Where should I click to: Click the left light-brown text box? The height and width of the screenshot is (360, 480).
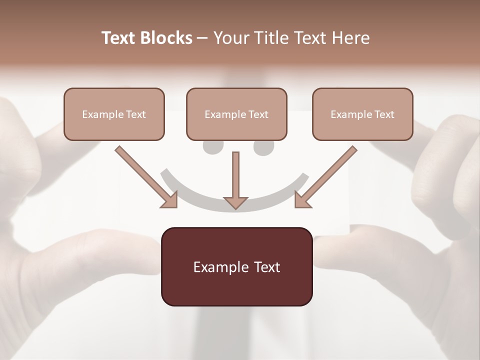tap(114, 114)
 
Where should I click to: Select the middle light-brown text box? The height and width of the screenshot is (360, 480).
tap(236, 114)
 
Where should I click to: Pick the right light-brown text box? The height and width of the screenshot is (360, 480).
tap(362, 114)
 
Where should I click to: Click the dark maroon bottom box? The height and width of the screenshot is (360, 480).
tap(236, 266)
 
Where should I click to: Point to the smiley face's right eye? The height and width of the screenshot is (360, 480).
tap(264, 147)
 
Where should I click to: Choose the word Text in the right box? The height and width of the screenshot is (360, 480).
tap(384, 114)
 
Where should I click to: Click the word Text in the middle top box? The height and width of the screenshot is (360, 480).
tap(258, 114)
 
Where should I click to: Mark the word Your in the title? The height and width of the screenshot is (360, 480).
tap(229, 38)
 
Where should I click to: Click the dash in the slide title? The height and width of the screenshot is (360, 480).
tap(202, 38)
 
